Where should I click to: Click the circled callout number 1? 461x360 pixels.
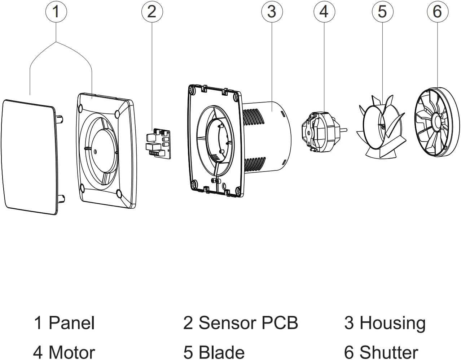(56, 12)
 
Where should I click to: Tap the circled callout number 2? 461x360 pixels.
(152, 12)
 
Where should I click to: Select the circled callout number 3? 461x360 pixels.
(272, 12)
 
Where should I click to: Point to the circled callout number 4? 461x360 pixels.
(324, 12)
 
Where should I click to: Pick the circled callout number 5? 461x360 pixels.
(382, 12)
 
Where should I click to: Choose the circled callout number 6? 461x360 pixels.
(437, 12)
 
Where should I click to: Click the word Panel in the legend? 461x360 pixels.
(71, 323)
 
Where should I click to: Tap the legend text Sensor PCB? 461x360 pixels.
(248, 323)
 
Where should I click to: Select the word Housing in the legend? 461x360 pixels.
(392, 323)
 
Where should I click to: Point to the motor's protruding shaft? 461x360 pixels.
(344, 129)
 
